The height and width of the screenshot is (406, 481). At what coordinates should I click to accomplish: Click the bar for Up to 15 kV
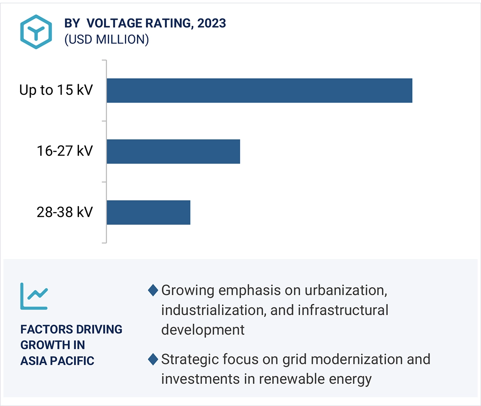259,90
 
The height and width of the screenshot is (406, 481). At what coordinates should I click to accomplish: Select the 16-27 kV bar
173,151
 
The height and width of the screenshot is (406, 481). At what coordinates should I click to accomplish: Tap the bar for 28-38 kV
148,212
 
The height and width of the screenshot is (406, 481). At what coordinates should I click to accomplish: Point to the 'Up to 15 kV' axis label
56,90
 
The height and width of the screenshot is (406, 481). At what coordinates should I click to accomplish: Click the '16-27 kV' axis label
65,151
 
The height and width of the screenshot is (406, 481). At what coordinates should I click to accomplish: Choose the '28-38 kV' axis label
65,212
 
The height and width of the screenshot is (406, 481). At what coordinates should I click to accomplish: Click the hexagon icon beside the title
36,32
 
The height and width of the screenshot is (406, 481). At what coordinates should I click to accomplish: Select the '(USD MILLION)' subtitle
106,39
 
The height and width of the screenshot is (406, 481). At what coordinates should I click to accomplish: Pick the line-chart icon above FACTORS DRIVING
34,295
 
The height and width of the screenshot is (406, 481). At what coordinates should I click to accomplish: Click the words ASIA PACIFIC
57,361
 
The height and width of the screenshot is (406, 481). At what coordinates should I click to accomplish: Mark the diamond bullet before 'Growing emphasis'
153,291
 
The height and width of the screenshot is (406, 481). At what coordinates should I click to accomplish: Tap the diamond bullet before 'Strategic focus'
153,360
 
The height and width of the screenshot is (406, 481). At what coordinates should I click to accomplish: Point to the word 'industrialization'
213,310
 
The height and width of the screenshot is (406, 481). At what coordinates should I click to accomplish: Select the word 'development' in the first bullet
203,330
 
